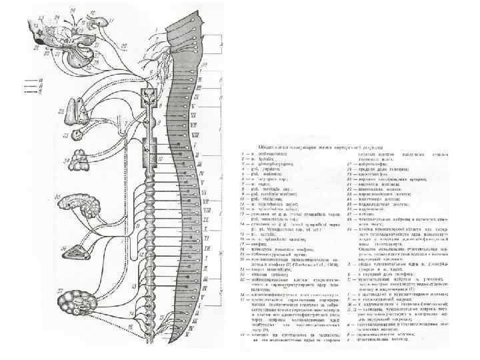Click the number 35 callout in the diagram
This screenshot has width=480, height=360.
click(x=59, y=197)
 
